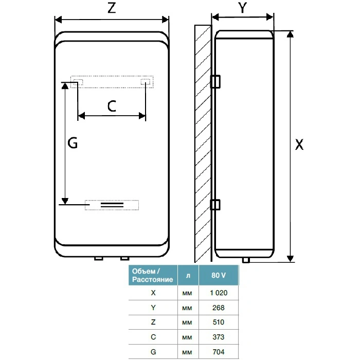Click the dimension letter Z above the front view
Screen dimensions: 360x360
[112, 8]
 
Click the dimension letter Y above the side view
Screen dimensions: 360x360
[242, 8]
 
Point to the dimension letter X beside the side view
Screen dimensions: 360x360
[299, 145]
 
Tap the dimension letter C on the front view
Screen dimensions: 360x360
[112, 106]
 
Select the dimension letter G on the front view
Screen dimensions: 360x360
[73, 143]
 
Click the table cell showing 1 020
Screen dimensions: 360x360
[219, 293]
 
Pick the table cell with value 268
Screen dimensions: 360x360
[219, 308]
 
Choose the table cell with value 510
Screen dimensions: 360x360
[219, 322]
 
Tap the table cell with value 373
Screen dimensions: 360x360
[219, 337]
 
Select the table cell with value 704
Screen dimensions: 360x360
[219, 352]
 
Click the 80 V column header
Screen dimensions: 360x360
[219, 275]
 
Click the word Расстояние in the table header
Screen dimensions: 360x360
[152, 279]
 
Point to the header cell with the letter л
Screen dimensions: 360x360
[188, 275]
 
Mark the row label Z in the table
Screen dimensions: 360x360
[153, 322]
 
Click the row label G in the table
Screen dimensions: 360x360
[153, 352]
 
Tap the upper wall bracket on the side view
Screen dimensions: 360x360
[215, 81]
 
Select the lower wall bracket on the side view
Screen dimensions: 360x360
[215, 205]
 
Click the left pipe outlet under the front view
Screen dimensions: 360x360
[99, 259]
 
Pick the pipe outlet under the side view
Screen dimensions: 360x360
[246, 260]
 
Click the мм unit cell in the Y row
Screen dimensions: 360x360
[187, 308]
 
